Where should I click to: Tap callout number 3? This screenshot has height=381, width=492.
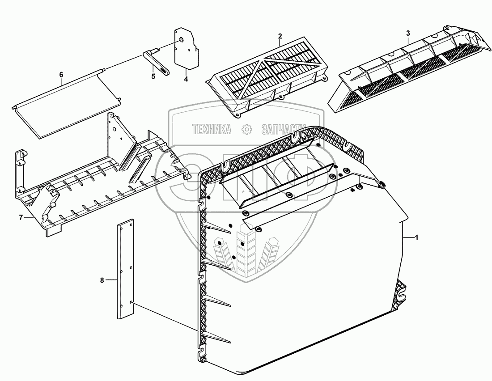(x=407, y=33)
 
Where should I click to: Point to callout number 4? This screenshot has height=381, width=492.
(x=185, y=79)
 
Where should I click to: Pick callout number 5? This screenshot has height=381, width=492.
(x=153, y=76)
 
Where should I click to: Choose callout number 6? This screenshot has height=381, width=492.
(x=61, y=75)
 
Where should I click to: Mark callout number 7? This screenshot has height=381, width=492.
(x=21, y=217)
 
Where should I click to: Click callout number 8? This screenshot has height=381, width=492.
(x=102, y=280)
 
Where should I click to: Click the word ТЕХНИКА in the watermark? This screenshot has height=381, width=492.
(x=212, y=130)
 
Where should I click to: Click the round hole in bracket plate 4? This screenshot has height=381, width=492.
(x=182, y=40)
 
